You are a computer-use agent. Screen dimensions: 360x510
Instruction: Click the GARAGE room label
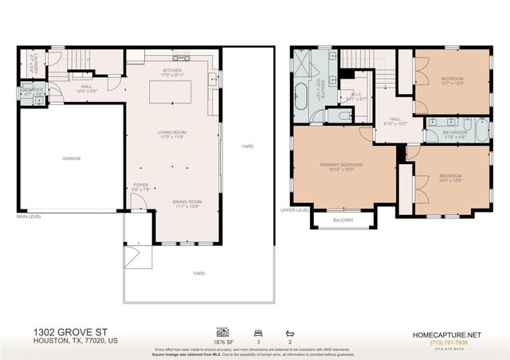[72, 158]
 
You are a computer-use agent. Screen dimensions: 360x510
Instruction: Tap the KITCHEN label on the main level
[173, 70]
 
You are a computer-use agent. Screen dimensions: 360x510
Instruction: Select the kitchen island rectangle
[173, 92]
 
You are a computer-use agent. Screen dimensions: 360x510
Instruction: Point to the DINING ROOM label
[187, 202]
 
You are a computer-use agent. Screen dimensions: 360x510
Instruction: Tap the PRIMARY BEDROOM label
[342, 166]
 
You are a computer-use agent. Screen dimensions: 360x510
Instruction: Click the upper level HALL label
[395, 120]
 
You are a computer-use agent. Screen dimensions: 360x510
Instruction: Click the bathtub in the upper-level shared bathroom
[481, 130]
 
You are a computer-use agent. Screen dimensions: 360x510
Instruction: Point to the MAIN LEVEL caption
[29, 216]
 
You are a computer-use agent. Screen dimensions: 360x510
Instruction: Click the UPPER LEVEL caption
[295, 210]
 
